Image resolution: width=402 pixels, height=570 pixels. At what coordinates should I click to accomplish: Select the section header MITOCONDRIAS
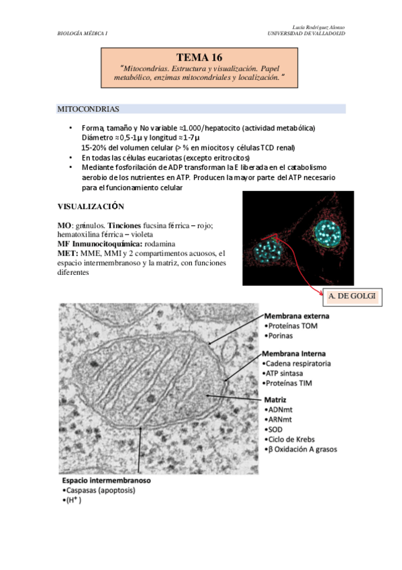tap(89, 108)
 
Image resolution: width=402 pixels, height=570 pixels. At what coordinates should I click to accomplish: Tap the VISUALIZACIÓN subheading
tap(91, 206)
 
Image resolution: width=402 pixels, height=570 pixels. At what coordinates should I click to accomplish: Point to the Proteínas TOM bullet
tap(292, 326)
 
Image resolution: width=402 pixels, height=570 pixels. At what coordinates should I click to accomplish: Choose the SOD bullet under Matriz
tap(276, 429)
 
